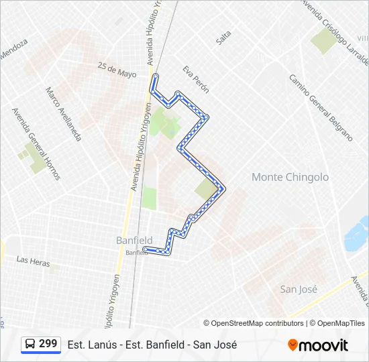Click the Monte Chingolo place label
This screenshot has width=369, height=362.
290,177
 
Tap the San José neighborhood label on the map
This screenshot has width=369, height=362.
299,289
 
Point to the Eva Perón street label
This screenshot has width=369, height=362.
196,79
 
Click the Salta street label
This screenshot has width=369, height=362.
223,38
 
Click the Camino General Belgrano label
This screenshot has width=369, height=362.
321,107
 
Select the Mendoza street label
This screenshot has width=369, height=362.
14,49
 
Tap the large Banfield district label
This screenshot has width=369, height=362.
134,240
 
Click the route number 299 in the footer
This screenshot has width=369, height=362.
48,343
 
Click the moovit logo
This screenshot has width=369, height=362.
318,345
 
